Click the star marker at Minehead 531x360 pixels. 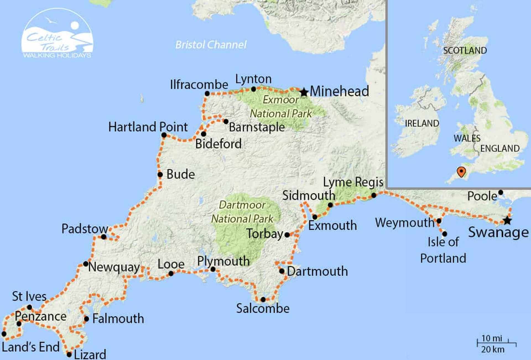pos(304,92)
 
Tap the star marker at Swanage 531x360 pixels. pos(507,221)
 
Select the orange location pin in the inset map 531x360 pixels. pos(461,171)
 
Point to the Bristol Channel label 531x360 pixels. pos(211,45)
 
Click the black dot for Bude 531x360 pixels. pos(160,174)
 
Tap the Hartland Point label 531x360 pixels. pos(148,127)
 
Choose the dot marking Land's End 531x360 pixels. pos(4,334)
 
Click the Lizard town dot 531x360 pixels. pos(69,354)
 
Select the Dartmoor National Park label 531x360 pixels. pos(242,212)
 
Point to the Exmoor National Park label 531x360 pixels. pos(281,107)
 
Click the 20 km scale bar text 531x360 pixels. pos(493,349)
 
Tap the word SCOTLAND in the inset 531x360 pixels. pos(465,51)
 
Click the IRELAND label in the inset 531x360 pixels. pos(422,123)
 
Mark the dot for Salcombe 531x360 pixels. pos(263,299)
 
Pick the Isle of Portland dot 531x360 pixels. pos(444,234)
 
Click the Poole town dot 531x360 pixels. pos(501,192)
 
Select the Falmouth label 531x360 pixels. pos(118,319)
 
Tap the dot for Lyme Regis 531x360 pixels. pos(374,195)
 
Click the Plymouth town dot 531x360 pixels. pos(213,269)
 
